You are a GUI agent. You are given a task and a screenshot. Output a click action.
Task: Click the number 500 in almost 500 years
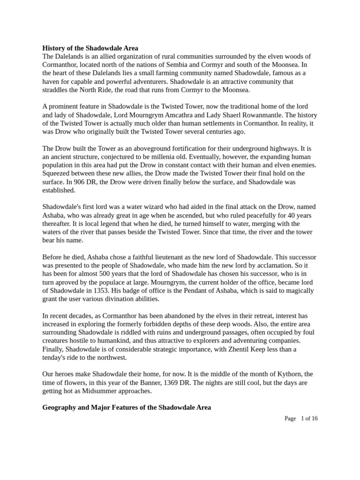point(121,275)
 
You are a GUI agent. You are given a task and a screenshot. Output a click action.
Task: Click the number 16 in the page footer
point(314,419)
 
